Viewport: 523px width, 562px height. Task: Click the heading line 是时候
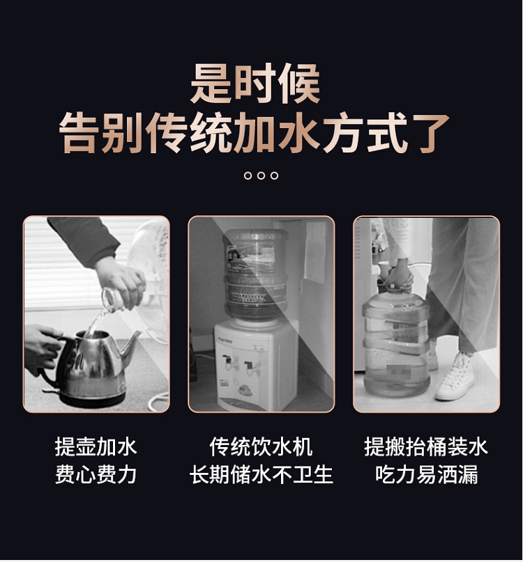255,84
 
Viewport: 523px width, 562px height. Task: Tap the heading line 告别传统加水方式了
254,133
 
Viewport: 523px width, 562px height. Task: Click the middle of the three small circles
261,175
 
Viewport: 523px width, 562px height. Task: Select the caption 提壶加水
96,446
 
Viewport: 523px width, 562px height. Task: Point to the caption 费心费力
96,474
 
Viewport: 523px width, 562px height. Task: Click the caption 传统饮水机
261,446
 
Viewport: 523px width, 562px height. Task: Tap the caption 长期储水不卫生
261,474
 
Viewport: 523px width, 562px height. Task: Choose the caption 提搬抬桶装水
426,446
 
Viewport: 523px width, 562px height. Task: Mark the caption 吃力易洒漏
426,474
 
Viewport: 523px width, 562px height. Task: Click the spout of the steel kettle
132,343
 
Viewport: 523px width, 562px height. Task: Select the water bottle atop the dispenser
256,274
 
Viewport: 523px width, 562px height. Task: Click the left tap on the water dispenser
227,362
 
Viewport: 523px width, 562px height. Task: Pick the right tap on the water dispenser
250,367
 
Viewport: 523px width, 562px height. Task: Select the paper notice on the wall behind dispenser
314,251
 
